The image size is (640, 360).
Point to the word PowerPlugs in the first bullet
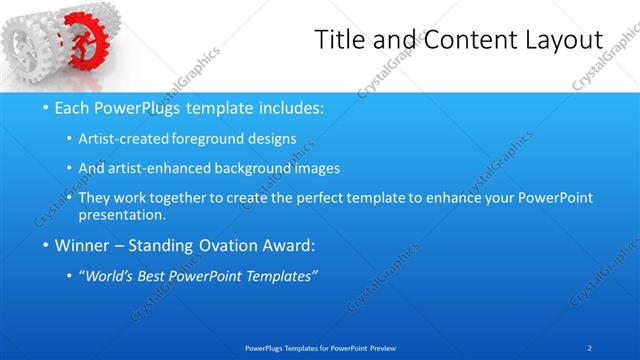point(140,107)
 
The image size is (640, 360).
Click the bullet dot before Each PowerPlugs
point(35,107)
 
